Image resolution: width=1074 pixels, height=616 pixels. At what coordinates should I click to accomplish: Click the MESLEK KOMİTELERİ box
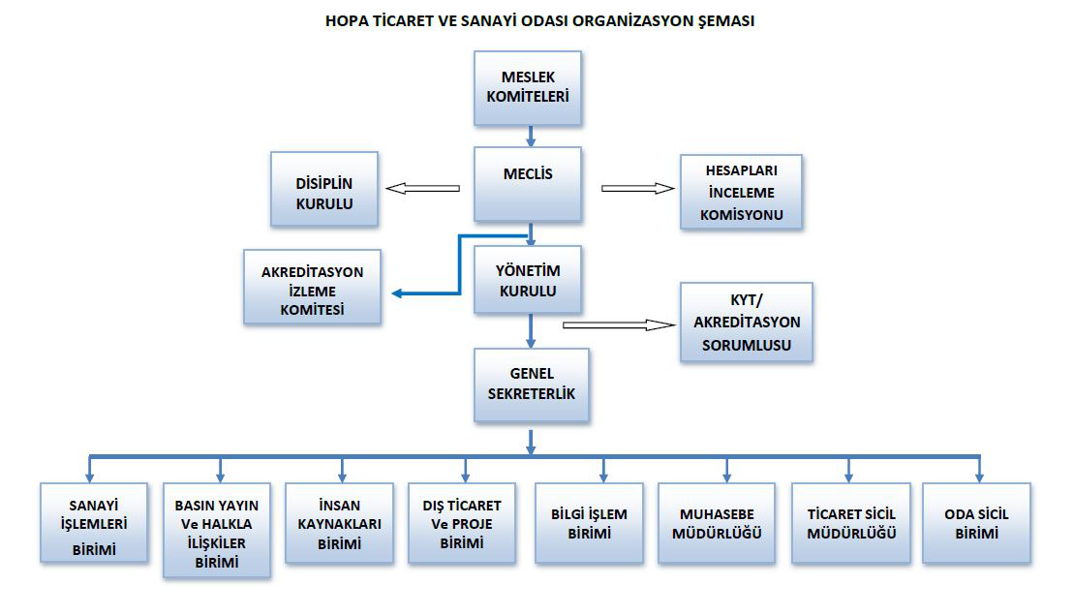click(528, 88)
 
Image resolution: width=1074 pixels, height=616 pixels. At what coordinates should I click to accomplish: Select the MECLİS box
click(528, 184)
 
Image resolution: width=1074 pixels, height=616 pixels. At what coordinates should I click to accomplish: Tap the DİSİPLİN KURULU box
click(324, 189)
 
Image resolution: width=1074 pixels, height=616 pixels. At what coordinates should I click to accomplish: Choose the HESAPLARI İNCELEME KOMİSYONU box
click(741, 192)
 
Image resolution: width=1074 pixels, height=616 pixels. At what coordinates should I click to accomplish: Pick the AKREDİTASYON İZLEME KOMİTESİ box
click(313, 287)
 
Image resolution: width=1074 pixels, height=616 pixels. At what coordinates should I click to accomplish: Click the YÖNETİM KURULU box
click(528, 280)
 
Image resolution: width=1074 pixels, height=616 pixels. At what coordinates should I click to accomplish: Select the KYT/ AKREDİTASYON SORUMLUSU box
click(747, 323)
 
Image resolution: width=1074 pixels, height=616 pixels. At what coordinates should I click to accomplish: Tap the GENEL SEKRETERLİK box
click(532, 385)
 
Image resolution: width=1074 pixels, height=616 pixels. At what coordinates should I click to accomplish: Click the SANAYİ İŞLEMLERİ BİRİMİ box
click(94, 523)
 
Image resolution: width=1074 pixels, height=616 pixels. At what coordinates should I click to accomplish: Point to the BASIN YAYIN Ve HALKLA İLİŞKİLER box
click(216, 531)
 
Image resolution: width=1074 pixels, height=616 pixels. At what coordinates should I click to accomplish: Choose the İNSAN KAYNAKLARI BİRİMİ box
click(339, 523)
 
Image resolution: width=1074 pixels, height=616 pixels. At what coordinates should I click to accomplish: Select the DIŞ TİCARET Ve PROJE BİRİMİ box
click(462, 523)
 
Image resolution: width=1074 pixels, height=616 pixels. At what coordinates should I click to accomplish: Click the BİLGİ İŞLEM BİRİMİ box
click(589, 523)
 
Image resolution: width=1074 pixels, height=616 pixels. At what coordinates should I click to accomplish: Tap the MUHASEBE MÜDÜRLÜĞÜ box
click(717, 523)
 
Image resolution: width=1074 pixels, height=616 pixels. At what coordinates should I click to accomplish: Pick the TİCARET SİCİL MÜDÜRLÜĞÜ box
click(851, 523)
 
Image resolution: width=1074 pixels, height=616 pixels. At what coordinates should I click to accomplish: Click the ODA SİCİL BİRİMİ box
click(977, 523)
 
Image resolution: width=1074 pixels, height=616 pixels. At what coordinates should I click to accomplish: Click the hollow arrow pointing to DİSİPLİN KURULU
click(422, 189)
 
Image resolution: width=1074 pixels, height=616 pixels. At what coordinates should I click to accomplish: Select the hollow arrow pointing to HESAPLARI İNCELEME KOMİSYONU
click(638, 189)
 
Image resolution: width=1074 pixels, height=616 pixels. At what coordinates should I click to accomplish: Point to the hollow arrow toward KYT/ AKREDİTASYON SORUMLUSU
click(619, 324)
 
